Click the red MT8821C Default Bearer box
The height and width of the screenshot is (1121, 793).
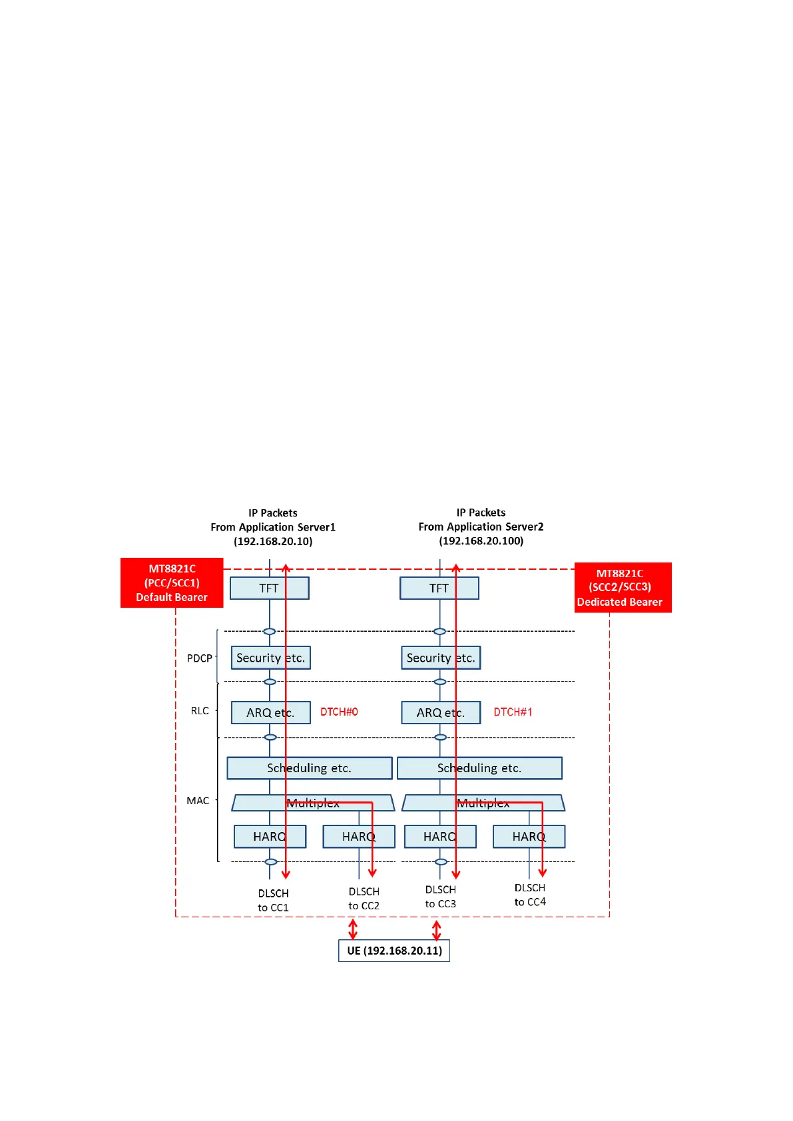(172, 582)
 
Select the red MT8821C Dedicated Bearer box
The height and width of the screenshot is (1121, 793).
(623, 587)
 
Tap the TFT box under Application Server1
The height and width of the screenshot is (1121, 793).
(269, 588)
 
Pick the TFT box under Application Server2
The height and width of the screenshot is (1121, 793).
(439, 588)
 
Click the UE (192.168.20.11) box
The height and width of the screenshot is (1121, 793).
(394, 951)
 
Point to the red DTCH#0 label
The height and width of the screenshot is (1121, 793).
(339, 712)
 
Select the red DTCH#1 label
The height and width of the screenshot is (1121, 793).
(513, 712)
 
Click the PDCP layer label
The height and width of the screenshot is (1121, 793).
(199, 658)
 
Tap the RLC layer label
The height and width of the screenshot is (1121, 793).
(200, 711)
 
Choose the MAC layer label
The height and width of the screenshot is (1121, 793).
(198, 800)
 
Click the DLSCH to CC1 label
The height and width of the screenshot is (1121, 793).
(273, 900)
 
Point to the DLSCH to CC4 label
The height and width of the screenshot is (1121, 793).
(530, 895)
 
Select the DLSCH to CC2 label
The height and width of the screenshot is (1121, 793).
(364, 899)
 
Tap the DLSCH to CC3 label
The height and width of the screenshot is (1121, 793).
(441, 897)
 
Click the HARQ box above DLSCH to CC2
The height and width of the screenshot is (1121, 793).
(358, 837)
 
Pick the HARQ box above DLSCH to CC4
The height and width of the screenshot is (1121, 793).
(529, 837)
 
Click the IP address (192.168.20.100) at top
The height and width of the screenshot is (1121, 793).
(481, 541)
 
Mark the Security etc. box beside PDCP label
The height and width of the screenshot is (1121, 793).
(270, 658)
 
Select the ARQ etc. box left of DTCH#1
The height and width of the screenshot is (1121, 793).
(440, 712)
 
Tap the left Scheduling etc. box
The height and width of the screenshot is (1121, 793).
(309, 768)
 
